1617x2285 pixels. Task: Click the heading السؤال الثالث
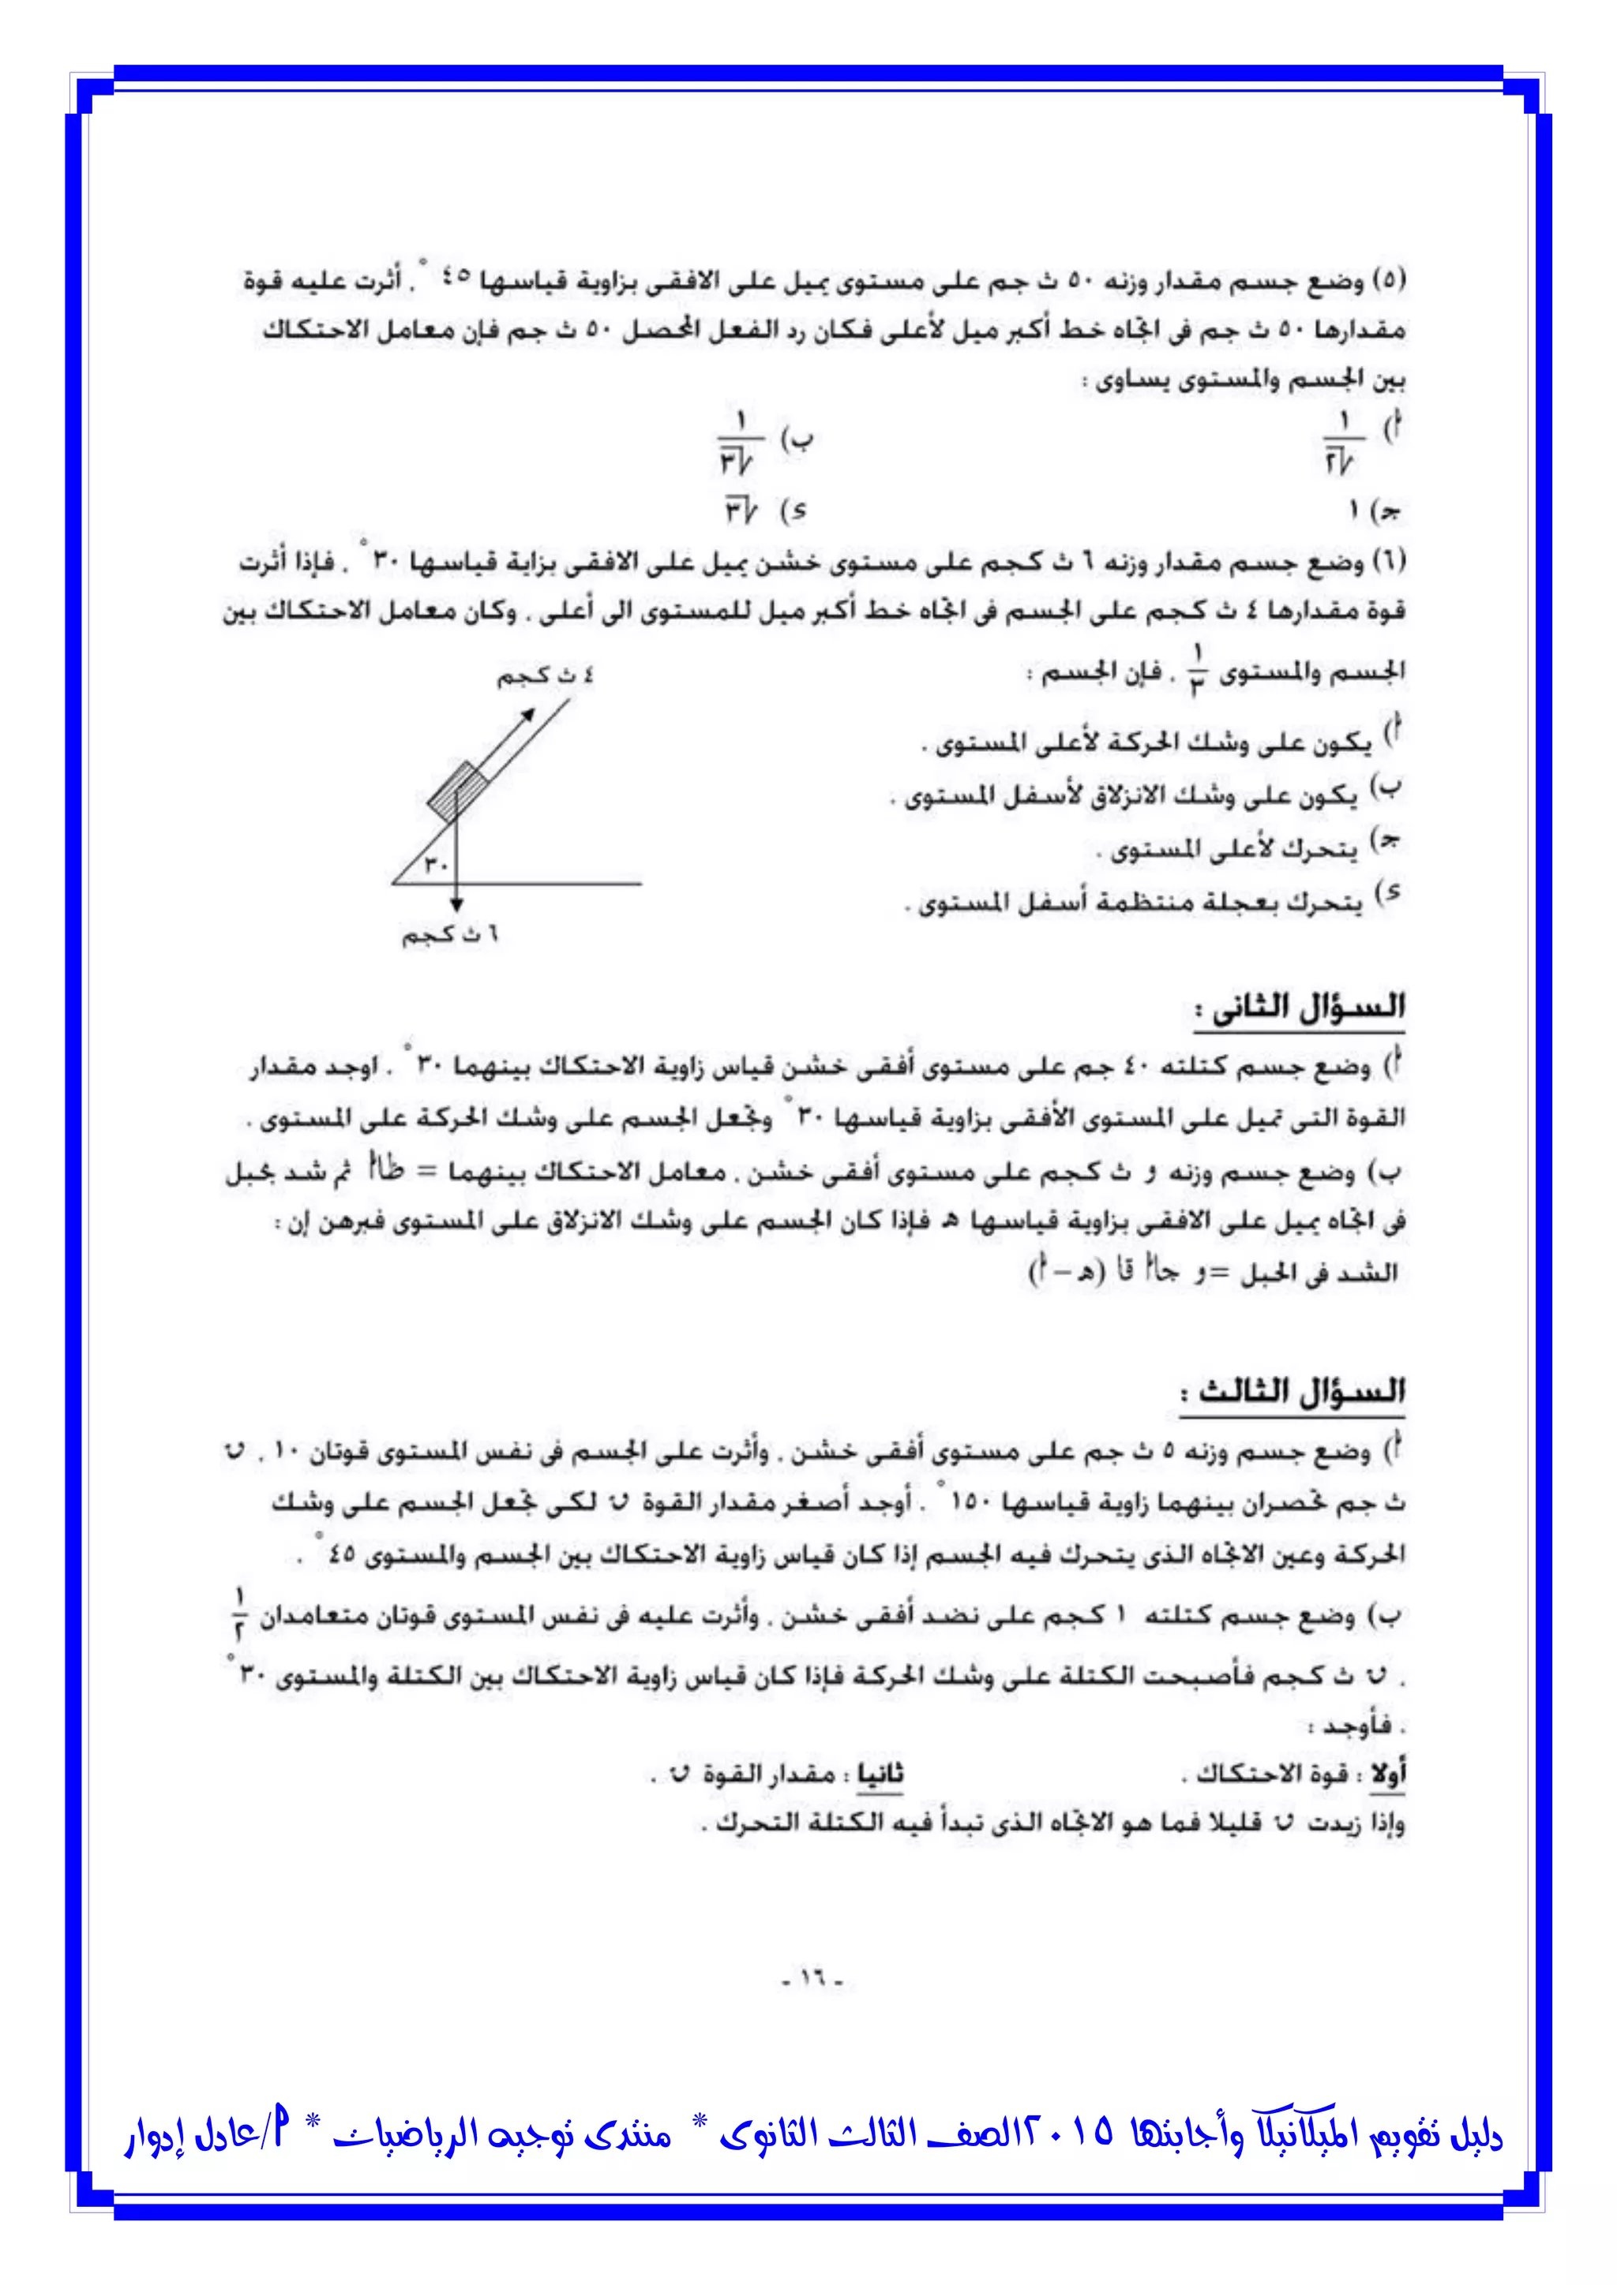(x=1292, y=1391)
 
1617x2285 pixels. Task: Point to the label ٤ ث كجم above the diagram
(x=546, y=677)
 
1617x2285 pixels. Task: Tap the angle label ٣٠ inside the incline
(x=436, y=864)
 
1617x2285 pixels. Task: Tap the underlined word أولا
(x=1388, y=1775)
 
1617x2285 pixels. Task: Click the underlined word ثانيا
(x=880, y=1775)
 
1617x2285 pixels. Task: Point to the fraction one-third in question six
(x=1198, y=670)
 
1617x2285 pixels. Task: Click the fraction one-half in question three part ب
(x=240, y=1615)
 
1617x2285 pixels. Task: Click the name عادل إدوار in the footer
(x=184, y=2137)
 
